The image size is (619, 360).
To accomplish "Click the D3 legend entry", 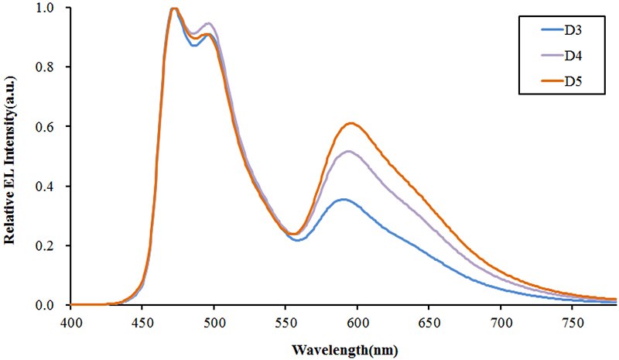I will [x=573, y=32].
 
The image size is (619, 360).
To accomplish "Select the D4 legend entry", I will [x=573, y=56].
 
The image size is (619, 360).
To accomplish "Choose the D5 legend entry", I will [x=573, y=81].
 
